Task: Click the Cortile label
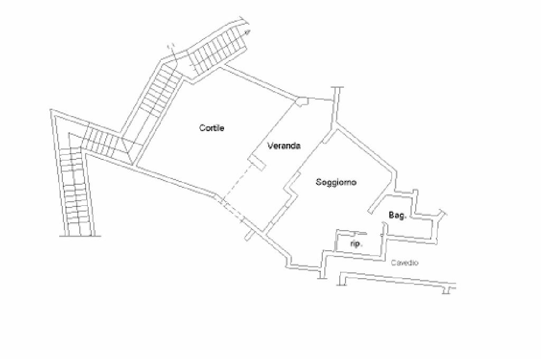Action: (x=212, y=128)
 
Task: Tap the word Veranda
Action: (x=284, y=146)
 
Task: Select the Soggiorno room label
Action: (x=336, y=183)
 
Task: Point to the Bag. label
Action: (x=397, y=215)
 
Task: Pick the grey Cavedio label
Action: (x=405, y=262)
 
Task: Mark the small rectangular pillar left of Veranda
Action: (x=257, y=163)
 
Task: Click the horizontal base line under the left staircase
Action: (x=80, y=235)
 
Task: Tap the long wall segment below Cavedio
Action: (x=396, y=281)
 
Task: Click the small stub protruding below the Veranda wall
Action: (x=248, y=235)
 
